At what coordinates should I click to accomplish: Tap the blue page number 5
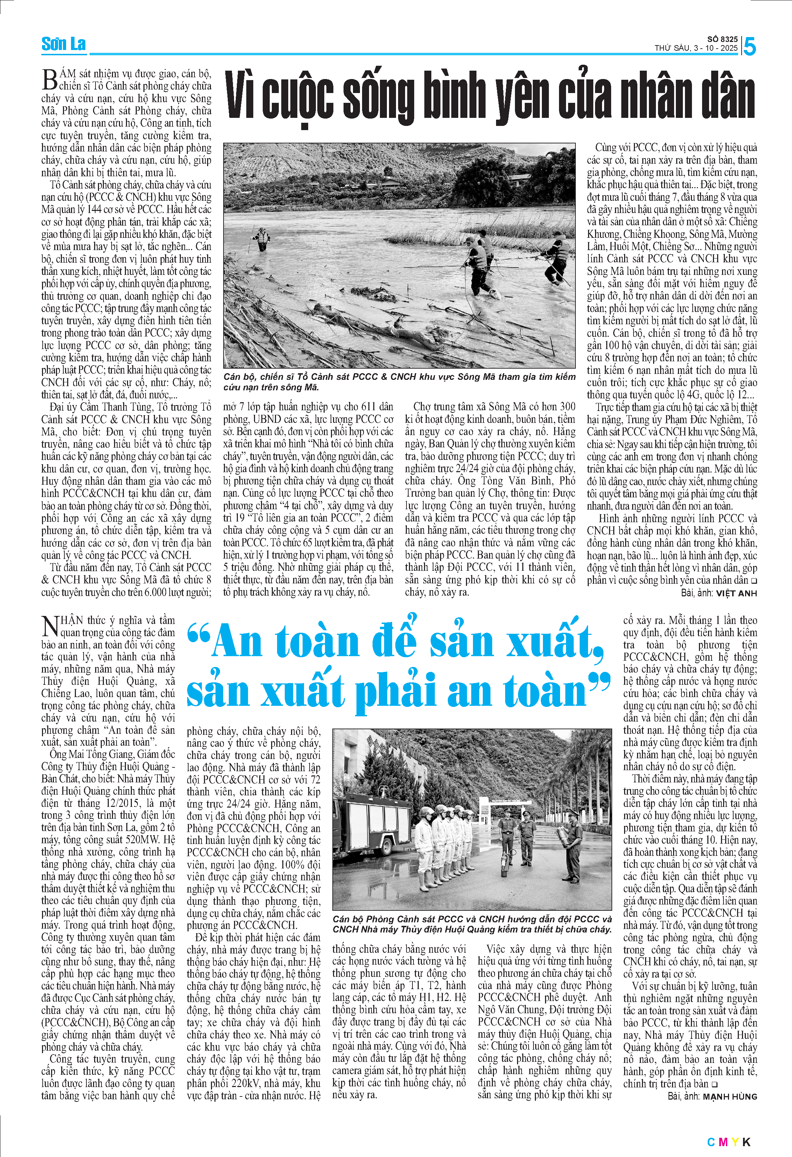click(749, 47)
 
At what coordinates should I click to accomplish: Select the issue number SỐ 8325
click(722, 39)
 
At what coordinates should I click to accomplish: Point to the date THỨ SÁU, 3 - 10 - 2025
click(696, 48)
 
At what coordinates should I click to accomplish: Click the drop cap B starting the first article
click(49, 80)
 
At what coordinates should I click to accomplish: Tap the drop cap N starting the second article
click(50, 626)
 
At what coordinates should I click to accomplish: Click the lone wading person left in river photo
click(261, 239)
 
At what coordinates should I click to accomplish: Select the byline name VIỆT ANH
click(736, 594)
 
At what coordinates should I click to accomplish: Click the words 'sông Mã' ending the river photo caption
click(300, 387)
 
